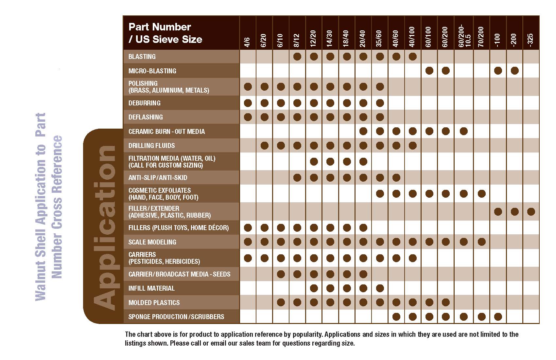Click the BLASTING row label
[142, 57]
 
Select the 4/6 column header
[248, 42]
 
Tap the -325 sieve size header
[530, 40]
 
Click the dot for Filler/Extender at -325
[531, 212]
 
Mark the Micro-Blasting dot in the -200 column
[514, 71]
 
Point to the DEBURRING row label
[144, 103]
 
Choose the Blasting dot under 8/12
[297, 57]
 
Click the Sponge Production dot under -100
[498, 317]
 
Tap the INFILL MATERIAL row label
[151, 288]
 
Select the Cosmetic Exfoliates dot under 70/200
[481, 194]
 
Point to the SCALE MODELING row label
[152, 242]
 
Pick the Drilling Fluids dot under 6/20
[264, 146]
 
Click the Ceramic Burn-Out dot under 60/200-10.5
[463, 132]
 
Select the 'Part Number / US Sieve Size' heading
[165, 33]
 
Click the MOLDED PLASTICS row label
[154, 303]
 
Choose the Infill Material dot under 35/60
[380, 288]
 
